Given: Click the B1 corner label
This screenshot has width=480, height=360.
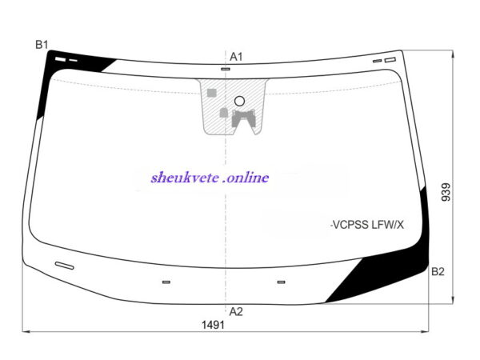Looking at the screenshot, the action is coord(42,45).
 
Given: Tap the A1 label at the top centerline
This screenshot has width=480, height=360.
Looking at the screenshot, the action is coord(236,57).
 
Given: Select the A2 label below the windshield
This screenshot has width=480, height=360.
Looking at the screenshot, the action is coord(236,312).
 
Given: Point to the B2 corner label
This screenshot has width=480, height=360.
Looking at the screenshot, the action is coord(438,271).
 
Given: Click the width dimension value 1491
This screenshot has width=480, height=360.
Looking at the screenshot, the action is coord(213,325).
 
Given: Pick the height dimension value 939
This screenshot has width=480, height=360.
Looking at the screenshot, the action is coord(446,192).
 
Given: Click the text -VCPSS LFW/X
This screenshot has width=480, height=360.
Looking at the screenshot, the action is coord(367,225).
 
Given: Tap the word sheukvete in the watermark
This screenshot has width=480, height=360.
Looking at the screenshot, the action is coord(185,178).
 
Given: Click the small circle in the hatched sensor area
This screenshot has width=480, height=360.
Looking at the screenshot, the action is coord(239,101).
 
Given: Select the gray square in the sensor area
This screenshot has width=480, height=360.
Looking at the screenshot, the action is coord(212,93).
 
